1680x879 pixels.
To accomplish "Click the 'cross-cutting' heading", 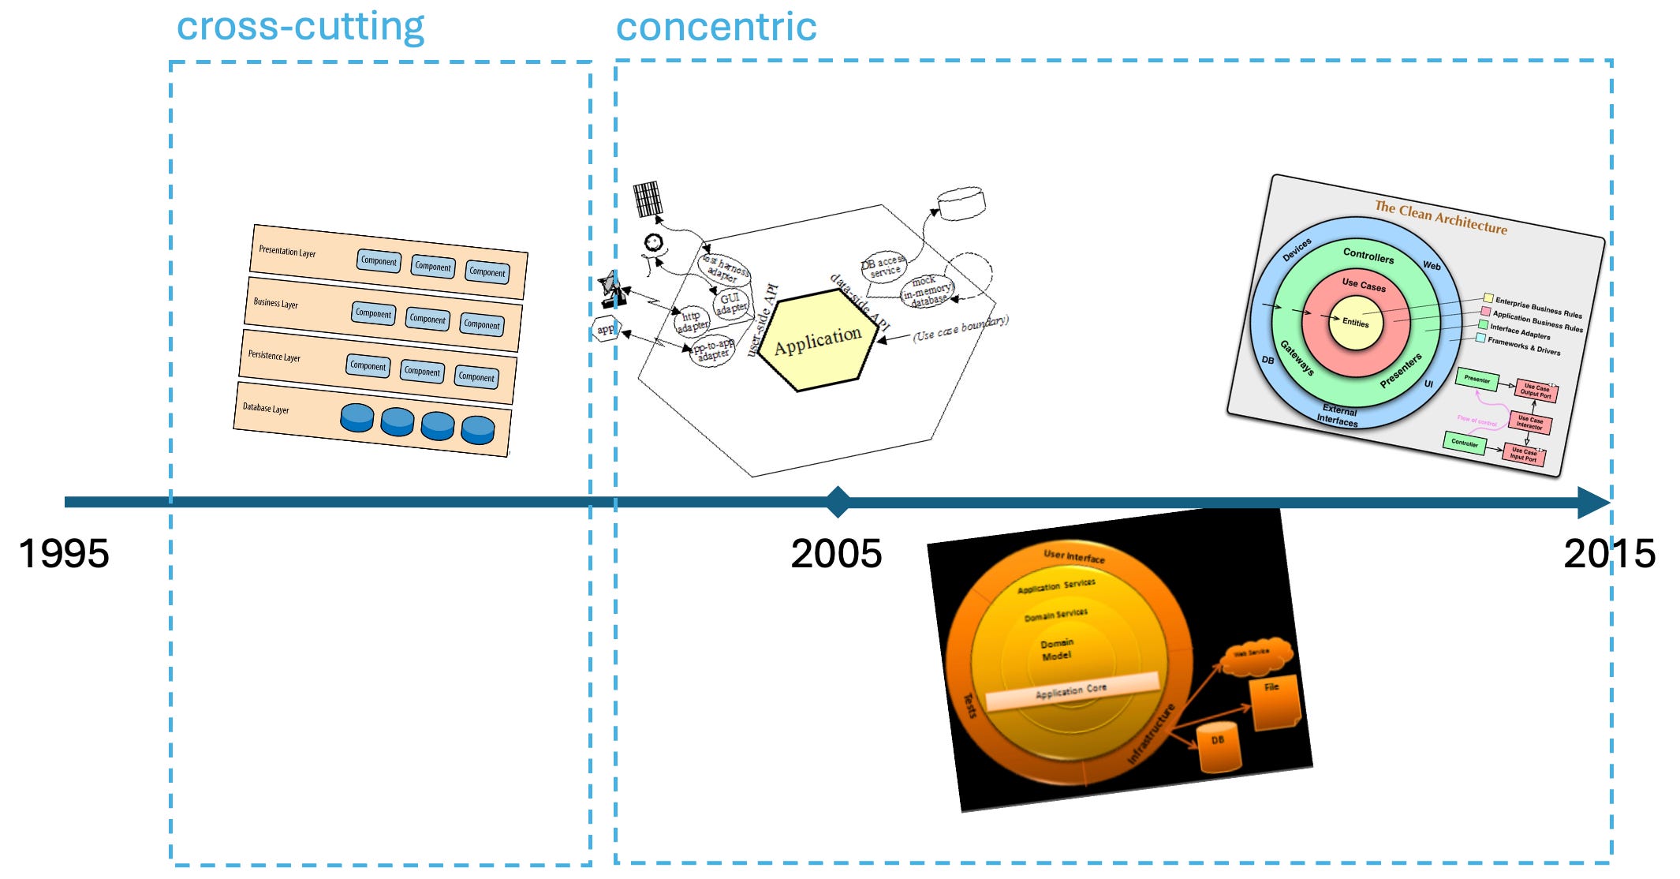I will (x=301, y=28).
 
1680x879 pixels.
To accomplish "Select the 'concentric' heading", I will (x=715, y=28).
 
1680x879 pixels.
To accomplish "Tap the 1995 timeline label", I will (x=63, y=554).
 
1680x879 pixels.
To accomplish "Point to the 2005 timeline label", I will (x=836, y=554).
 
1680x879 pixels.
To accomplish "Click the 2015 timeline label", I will (x=1609, y=554).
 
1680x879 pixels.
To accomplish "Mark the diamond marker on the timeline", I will (x=838, y=502).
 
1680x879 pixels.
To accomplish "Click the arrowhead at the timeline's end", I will (x=1593, y=502).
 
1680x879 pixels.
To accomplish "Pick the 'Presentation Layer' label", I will (x=287, y=252).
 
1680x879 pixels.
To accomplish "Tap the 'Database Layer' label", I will (x=266, y=408).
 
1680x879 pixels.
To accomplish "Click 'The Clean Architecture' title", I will (x=1440, y=217).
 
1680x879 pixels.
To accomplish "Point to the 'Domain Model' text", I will (x=1057, y=649).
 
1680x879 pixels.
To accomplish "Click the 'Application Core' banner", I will (x=1071, y=691).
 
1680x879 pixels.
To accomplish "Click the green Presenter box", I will (x=1477, y=380).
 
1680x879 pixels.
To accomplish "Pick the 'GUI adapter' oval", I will (x=730, y=302).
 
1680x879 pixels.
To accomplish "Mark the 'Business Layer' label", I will (x=275, y=304).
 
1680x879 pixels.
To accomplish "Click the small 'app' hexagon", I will (x=606, y=329).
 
